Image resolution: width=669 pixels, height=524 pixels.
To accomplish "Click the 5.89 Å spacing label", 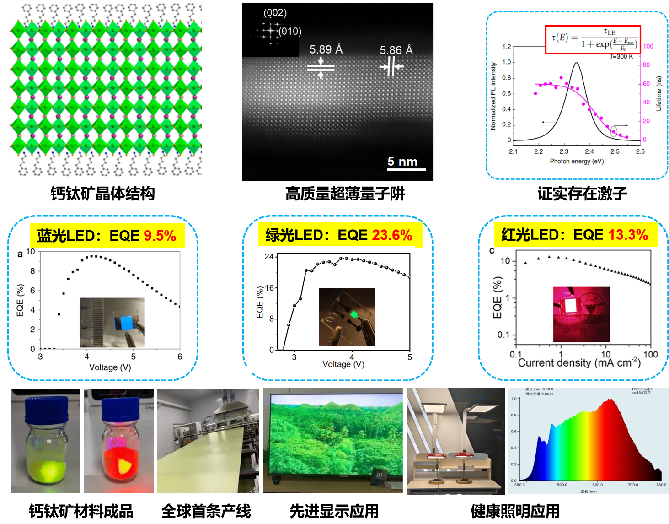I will [x=326, y=49].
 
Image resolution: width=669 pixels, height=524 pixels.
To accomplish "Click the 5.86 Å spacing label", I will [x=396, y=50].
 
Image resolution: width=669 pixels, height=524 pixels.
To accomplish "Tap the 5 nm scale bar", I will [x=406, y=169].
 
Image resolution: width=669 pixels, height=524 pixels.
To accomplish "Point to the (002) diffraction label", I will [x=275, y=13].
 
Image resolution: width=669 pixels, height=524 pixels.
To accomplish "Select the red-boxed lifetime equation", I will [x=593, y=39].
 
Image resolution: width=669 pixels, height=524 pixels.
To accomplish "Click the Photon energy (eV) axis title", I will [x=577, y=161].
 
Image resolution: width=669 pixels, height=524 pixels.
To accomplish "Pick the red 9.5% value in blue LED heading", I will [x=160, y=236].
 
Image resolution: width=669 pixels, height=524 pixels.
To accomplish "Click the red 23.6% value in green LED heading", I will [x=392, y=235].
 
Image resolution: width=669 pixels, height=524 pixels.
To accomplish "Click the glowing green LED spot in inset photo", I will [x=353, y=314].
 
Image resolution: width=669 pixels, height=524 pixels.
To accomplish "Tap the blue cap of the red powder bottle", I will [x=120, y=409].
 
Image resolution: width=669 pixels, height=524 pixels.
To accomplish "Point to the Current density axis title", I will [x=579, y=363].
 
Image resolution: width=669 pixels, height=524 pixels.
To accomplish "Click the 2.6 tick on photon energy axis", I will [x=640, y=151].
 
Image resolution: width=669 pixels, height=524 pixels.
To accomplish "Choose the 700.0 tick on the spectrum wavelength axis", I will [x=632, y=485].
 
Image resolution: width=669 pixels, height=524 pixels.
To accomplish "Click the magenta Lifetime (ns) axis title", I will [x=659, y=93].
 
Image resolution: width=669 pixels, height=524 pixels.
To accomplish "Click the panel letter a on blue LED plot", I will [x=20, y=254].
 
